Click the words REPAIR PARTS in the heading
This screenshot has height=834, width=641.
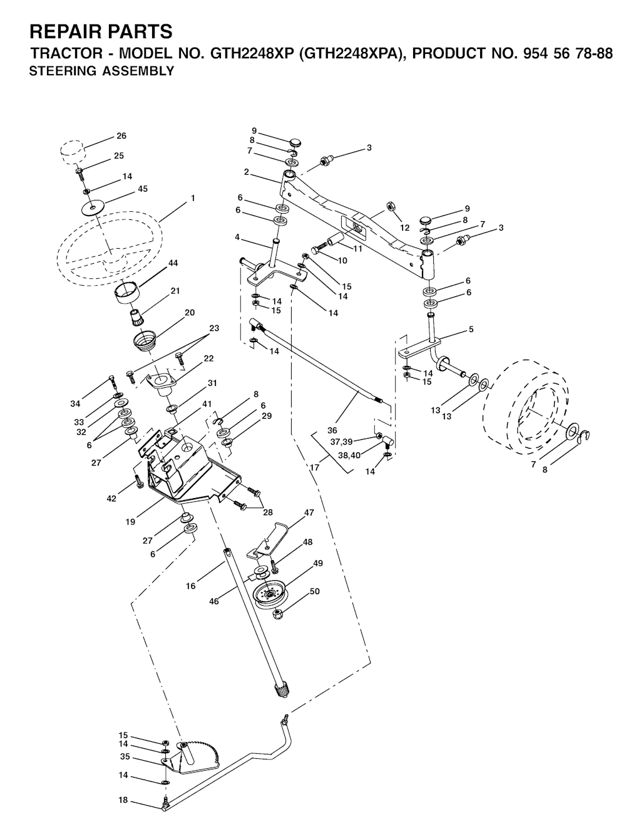101,31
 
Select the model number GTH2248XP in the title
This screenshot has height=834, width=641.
250,54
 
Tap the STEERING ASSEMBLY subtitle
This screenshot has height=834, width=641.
101,71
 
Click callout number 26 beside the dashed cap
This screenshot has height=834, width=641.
121,136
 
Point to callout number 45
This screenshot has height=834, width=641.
142,189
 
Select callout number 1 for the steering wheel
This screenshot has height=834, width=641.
193,198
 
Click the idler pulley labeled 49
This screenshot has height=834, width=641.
270,595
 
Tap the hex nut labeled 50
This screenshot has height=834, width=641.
277,615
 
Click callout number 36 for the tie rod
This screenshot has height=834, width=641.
332,430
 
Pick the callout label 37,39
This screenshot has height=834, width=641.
342,442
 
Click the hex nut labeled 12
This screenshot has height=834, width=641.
391,206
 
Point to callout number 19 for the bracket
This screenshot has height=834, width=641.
130,522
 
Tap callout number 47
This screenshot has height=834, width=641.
309,513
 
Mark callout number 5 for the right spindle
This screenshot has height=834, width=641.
471,330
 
